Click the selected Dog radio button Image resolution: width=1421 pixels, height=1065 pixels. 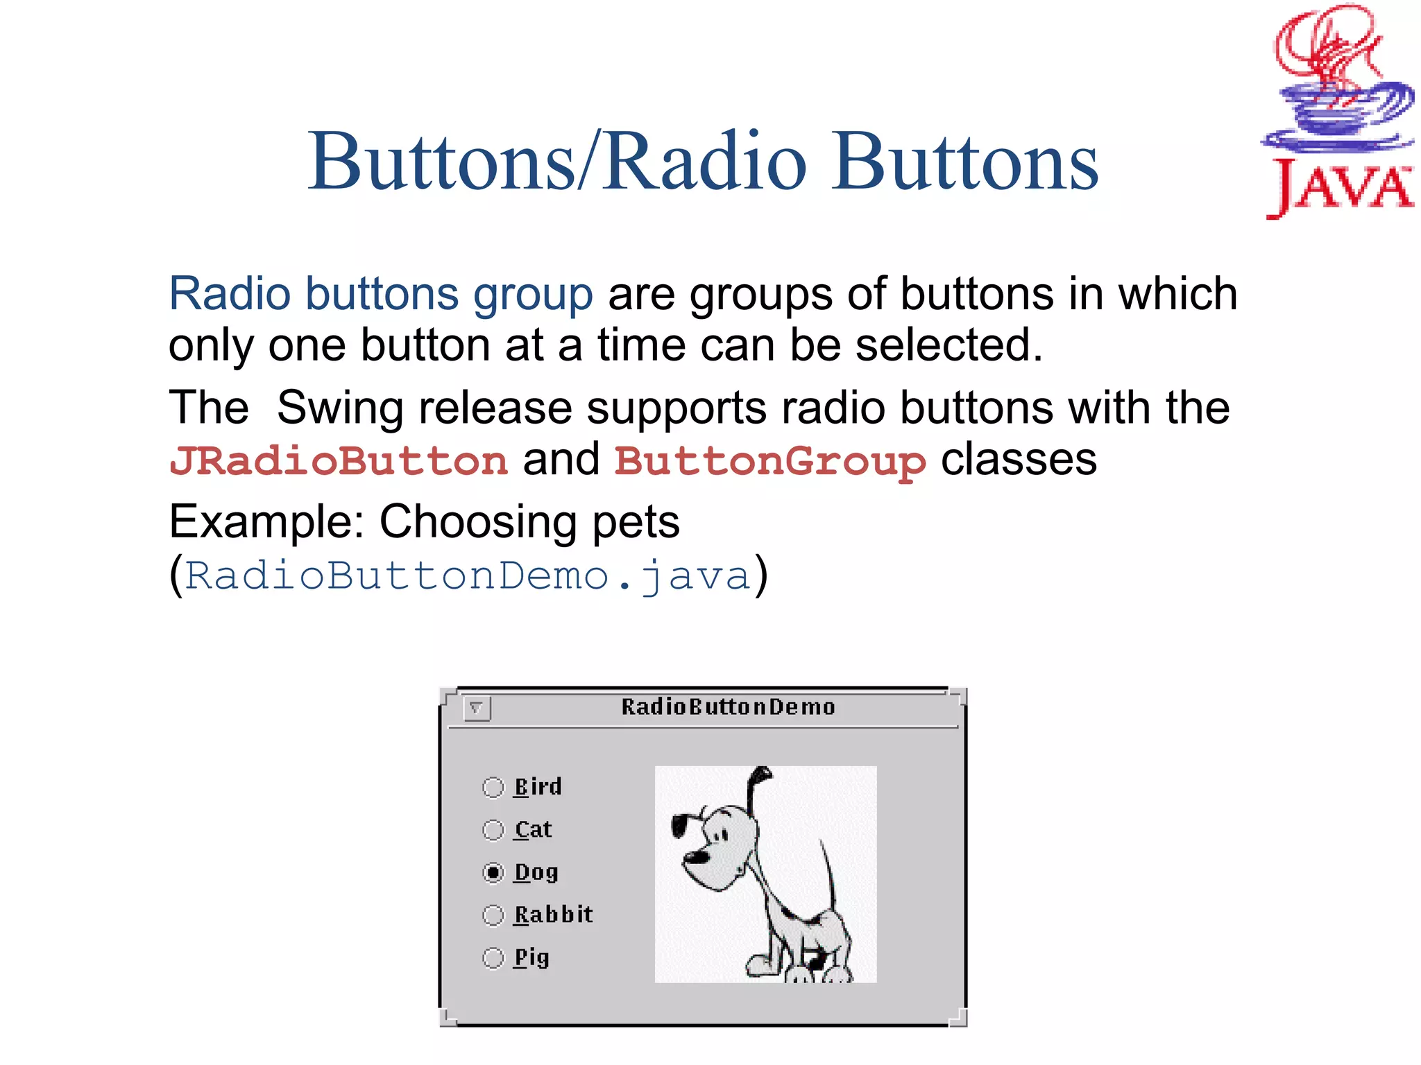pos(493,872)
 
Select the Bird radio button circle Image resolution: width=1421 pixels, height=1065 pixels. pos(493,787)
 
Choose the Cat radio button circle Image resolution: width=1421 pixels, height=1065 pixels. pos(493,830)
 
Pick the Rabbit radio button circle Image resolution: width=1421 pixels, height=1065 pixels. pos(493,915)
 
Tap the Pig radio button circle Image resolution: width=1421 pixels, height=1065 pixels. pos(493,958)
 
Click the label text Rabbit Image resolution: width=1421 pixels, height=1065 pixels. pos(553,915)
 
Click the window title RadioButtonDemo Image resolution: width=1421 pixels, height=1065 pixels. pos(727,707)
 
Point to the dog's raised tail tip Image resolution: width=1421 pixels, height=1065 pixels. pos(763,772)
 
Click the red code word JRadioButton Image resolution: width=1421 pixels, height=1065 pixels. pos(339,461)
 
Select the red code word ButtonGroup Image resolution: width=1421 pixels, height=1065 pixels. pos(769,461)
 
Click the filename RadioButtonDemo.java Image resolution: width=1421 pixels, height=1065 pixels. pos(468,576)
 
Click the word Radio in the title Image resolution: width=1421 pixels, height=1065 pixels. pos(704,163)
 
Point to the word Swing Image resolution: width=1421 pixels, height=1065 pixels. pos(340,408)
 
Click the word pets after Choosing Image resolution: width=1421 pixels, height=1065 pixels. pos(635,522)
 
